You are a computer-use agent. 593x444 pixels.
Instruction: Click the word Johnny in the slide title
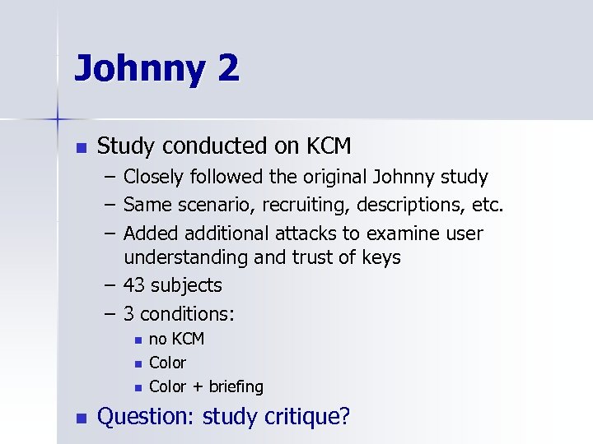pos(138,69)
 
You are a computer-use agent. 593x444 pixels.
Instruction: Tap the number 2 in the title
pos(229,67)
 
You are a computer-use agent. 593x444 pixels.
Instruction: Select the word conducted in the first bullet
pos(213,146)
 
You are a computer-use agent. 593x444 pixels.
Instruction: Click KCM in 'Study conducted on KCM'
pos(329,146)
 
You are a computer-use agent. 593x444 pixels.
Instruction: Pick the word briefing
pos(236,386)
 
